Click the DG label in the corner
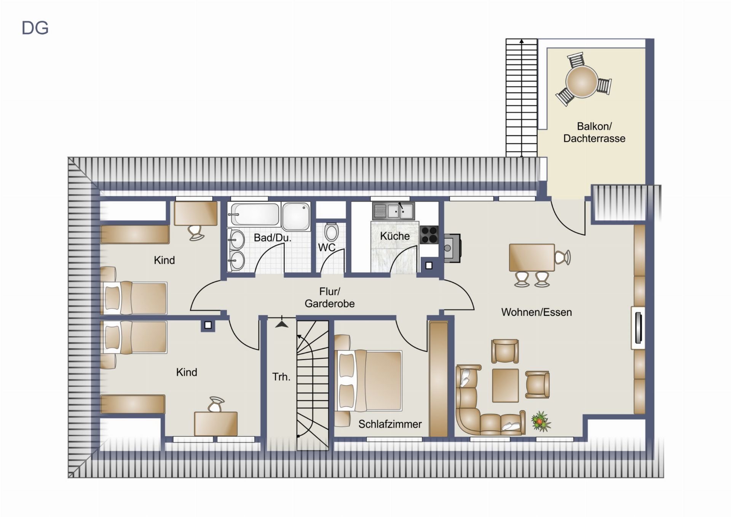(35, 28)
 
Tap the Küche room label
(395, 236)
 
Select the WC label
(327, 248)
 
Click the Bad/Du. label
(273, 238)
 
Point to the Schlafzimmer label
(390, 424)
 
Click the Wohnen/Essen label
(536, 312)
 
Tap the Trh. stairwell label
(281, 377)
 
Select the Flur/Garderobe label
(330, 298)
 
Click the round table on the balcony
(581, 82)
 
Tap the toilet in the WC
(331, 232)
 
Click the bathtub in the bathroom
(254, 214)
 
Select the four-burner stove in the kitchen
(429, 235)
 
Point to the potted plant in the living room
(541, 421)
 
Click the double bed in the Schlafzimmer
(368, 381)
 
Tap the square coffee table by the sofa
(505, 385)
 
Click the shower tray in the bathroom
(296, 216)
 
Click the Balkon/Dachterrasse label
(594, 132)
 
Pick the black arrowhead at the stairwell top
(282, 324)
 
